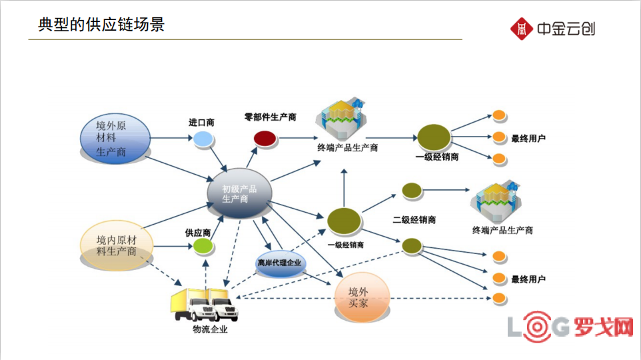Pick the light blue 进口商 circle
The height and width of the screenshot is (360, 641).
(203, 139)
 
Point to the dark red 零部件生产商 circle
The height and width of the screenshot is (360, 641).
(264, 138)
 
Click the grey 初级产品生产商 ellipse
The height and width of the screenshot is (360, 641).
(239, 193)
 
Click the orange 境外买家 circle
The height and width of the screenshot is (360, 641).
(360, 297)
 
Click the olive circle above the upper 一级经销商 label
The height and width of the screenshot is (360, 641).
(434, 138)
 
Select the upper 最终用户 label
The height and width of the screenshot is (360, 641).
(528, 139)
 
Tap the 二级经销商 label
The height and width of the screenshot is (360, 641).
(414, 219)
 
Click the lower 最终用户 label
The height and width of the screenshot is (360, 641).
(528, 279)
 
